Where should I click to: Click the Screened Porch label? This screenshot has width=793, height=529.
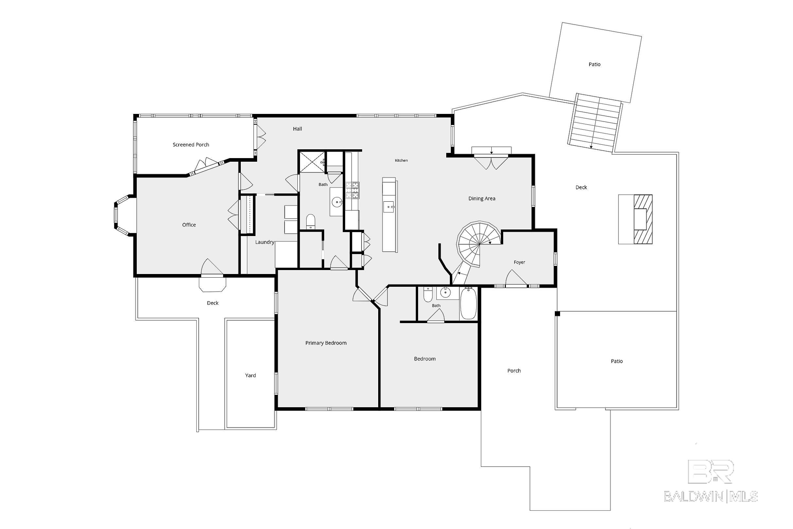pyautogui.click(x=191, y=145)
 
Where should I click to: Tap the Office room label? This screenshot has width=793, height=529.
pyautogui.click(x=189, y=225)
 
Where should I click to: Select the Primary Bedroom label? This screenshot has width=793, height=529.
pyautogui.click(x=326, y=343)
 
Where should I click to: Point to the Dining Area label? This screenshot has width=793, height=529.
pyautogui.click(x=482, y=199)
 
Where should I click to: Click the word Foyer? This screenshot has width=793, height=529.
pyautogui.click(x=519, y=262)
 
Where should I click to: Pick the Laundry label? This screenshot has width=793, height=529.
pyautogui.click(x=265, y=242)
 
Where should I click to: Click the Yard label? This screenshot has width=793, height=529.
pyautogui.click(x=251, y=375)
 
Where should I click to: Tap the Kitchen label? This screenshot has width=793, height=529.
pyautogui.click(x=401, y=161)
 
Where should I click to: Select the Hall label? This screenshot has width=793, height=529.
pyautogui.click(x=297, y=129)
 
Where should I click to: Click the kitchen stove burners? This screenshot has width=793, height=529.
pyautogui.click(x=352, y=190)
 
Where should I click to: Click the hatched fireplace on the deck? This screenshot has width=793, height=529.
pyautogui.click(x=643, y=219)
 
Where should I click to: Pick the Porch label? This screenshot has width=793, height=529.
pyautogui.click(x=514, y=371)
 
